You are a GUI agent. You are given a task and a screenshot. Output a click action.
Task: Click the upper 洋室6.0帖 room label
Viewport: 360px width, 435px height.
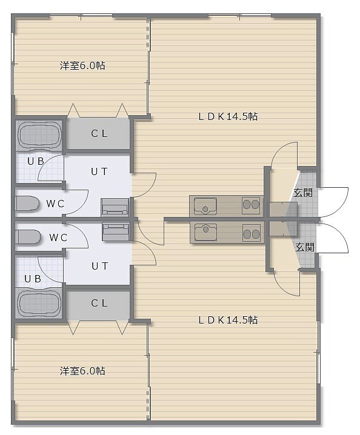point(82,66)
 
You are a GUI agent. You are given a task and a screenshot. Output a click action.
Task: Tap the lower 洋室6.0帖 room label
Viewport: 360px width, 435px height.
point(82,371)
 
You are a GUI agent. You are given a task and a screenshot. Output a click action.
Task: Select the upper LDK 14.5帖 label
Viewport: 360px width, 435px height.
point(228,116)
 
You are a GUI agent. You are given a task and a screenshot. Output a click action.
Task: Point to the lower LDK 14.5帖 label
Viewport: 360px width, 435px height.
point(228,320)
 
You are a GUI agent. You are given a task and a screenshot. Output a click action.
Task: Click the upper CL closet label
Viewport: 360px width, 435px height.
point(99,134)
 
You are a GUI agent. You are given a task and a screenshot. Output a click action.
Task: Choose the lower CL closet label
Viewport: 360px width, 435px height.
point(99,303)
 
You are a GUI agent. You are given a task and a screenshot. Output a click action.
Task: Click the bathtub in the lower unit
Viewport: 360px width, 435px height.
point(39,303)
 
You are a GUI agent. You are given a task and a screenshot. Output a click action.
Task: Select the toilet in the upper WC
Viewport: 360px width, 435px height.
point(27,204)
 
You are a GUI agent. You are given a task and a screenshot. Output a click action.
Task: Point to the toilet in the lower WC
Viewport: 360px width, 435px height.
point(28,237)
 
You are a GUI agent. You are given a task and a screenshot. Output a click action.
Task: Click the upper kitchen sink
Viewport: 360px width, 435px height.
point(205,206)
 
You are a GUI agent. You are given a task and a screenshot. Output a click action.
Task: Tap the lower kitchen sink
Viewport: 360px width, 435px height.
point(205,231)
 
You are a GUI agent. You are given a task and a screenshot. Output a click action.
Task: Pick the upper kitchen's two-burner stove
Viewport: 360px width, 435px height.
point(251,205)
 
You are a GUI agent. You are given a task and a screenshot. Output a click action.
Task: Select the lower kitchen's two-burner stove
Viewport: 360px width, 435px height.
point(252,233)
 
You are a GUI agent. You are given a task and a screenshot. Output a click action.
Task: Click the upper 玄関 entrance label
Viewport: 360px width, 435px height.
point(303,192)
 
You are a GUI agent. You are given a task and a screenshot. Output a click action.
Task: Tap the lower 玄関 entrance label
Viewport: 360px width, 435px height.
point(304,247)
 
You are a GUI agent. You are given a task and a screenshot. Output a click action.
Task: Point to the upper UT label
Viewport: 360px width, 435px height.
point(99,171)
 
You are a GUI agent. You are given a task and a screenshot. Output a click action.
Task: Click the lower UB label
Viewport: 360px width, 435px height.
point(33,279)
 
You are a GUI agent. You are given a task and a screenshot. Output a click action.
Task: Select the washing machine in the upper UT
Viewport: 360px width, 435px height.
point(115,207)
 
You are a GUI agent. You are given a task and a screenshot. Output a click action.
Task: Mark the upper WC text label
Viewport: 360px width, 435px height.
point(55,204)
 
